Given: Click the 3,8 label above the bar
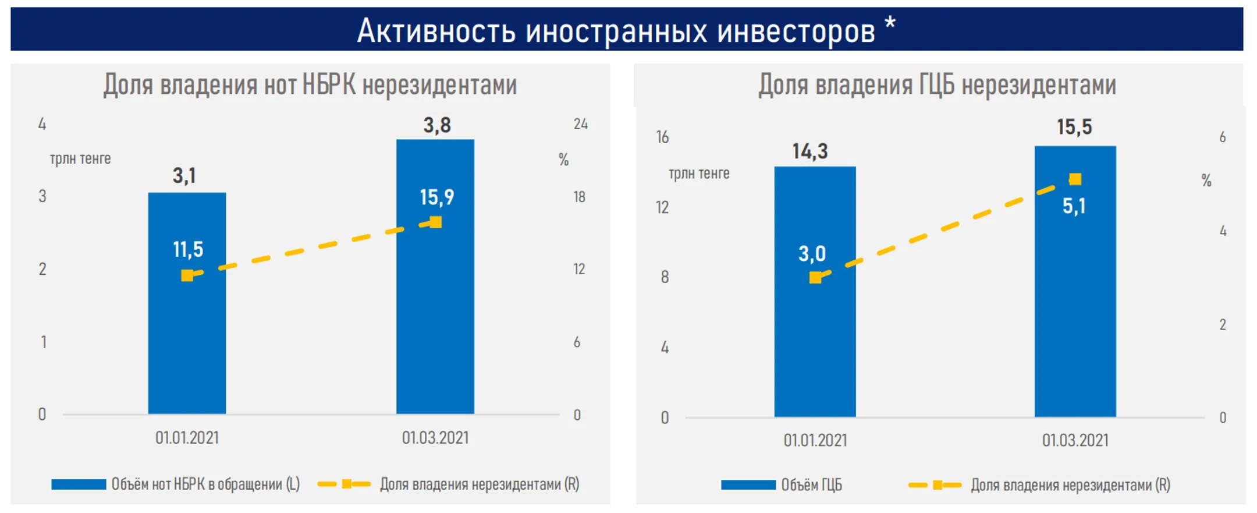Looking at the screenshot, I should click(x=436, y=125).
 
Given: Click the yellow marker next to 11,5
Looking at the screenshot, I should click(x=187, y=275).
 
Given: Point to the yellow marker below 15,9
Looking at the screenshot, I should click(x=435, y=222).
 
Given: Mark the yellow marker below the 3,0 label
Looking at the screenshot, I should click(x=815, y=278).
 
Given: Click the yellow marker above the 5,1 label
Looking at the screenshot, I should click(x=1075, y=179).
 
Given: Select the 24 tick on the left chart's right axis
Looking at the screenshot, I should click(x=580, y=124).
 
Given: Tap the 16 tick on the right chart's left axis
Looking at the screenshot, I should click(x=662, y=137).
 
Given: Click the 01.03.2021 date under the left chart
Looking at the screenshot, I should click(x=435, y=438).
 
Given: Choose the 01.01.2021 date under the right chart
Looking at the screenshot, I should click(x=815, y=441).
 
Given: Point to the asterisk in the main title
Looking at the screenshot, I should click(x=890, y=24).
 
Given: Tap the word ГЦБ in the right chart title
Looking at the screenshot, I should click(x=936, y=85).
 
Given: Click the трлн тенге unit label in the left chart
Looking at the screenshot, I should click(x=80, y=159).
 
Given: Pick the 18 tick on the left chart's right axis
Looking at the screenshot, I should click(x=579, y=197).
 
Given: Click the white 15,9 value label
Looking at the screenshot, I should click(x=436, y=197).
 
